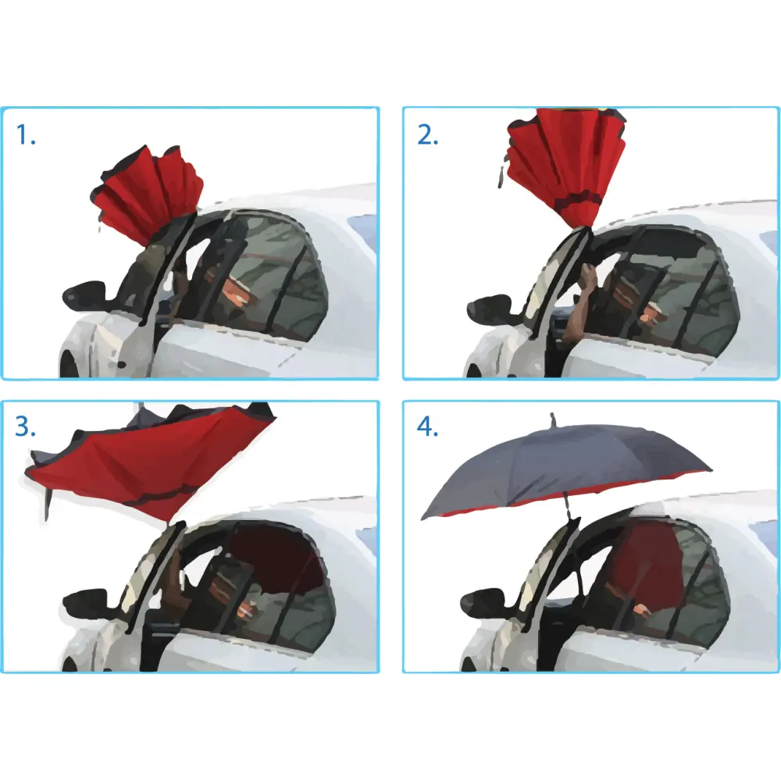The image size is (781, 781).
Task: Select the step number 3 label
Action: tap(27, 427)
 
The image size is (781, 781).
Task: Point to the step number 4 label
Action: tap(428, 427)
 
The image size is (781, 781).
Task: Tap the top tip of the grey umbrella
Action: tap(553, 418)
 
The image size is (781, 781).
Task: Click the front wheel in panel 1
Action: tap(69, 364)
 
